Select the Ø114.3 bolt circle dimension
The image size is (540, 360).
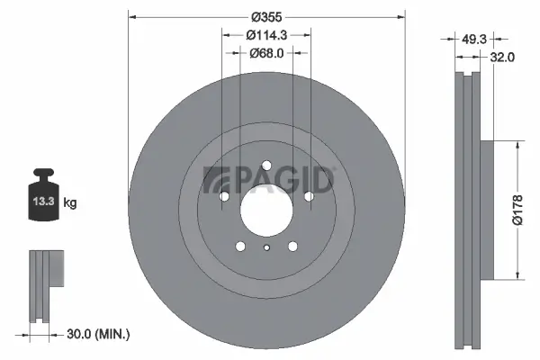(x=267, y=35)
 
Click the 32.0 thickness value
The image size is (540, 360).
(x=502, y=56)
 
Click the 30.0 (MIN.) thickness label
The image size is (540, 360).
(x=99, y=334)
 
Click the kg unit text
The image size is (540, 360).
(x=70, y=203)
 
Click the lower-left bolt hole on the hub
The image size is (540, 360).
(x=240, y=245)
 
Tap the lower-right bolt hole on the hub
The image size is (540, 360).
(x=292, y=245)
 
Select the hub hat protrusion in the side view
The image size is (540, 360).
(x=487, y=209)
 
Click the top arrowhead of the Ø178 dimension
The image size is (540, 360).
(x=518, y=144)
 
